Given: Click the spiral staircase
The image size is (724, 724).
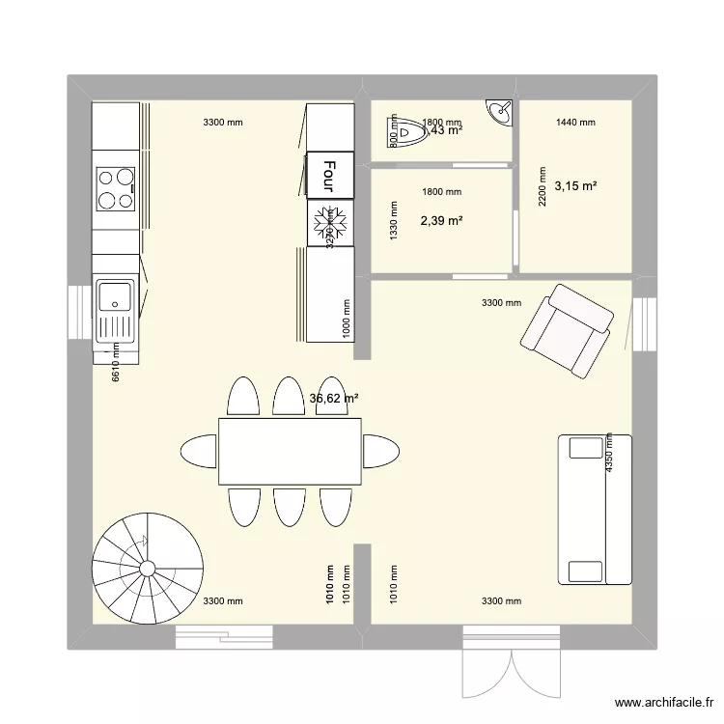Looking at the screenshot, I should [x=145, y=569].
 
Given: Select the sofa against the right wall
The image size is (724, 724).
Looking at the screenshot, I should [x=594, y=509].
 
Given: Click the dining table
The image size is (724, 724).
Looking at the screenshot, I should [x=290, y=451].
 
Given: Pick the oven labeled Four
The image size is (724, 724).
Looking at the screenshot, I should [x=330, y=175].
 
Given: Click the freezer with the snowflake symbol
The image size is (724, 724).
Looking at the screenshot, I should [x=330, y=222].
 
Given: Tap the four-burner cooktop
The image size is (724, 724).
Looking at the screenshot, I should [x=116, y=189].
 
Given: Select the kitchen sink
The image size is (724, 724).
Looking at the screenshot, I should [x=116, y=312].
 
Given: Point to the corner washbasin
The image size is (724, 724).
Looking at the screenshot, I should [x=500, y=113].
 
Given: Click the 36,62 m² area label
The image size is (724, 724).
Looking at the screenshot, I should [x=334, y=398].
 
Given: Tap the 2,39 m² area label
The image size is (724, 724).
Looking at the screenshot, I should [x=441, y=221].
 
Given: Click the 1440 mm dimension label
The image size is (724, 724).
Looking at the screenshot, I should [x=575, y=123].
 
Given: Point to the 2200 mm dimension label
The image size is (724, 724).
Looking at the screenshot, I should [x=529, y=206].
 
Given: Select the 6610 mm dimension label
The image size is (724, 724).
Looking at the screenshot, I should [x=116, y=363].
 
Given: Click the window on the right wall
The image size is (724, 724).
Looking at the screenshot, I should [x=643, y=325].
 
